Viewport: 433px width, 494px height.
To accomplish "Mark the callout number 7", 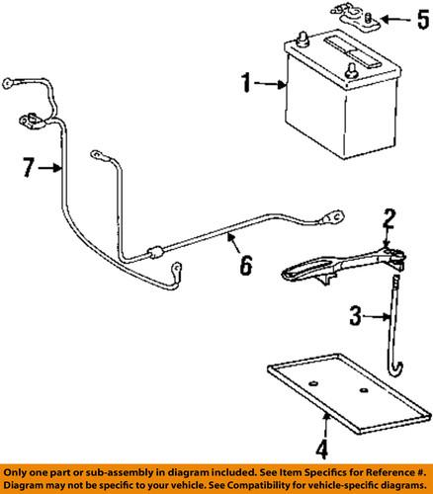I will pyautogui.click(x=30, y=169).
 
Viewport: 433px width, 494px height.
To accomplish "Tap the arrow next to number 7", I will pyautogui.click(x=51, y=169).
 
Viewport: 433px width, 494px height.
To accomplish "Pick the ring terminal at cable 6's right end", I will pyautogui.click(x=335, y=239).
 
